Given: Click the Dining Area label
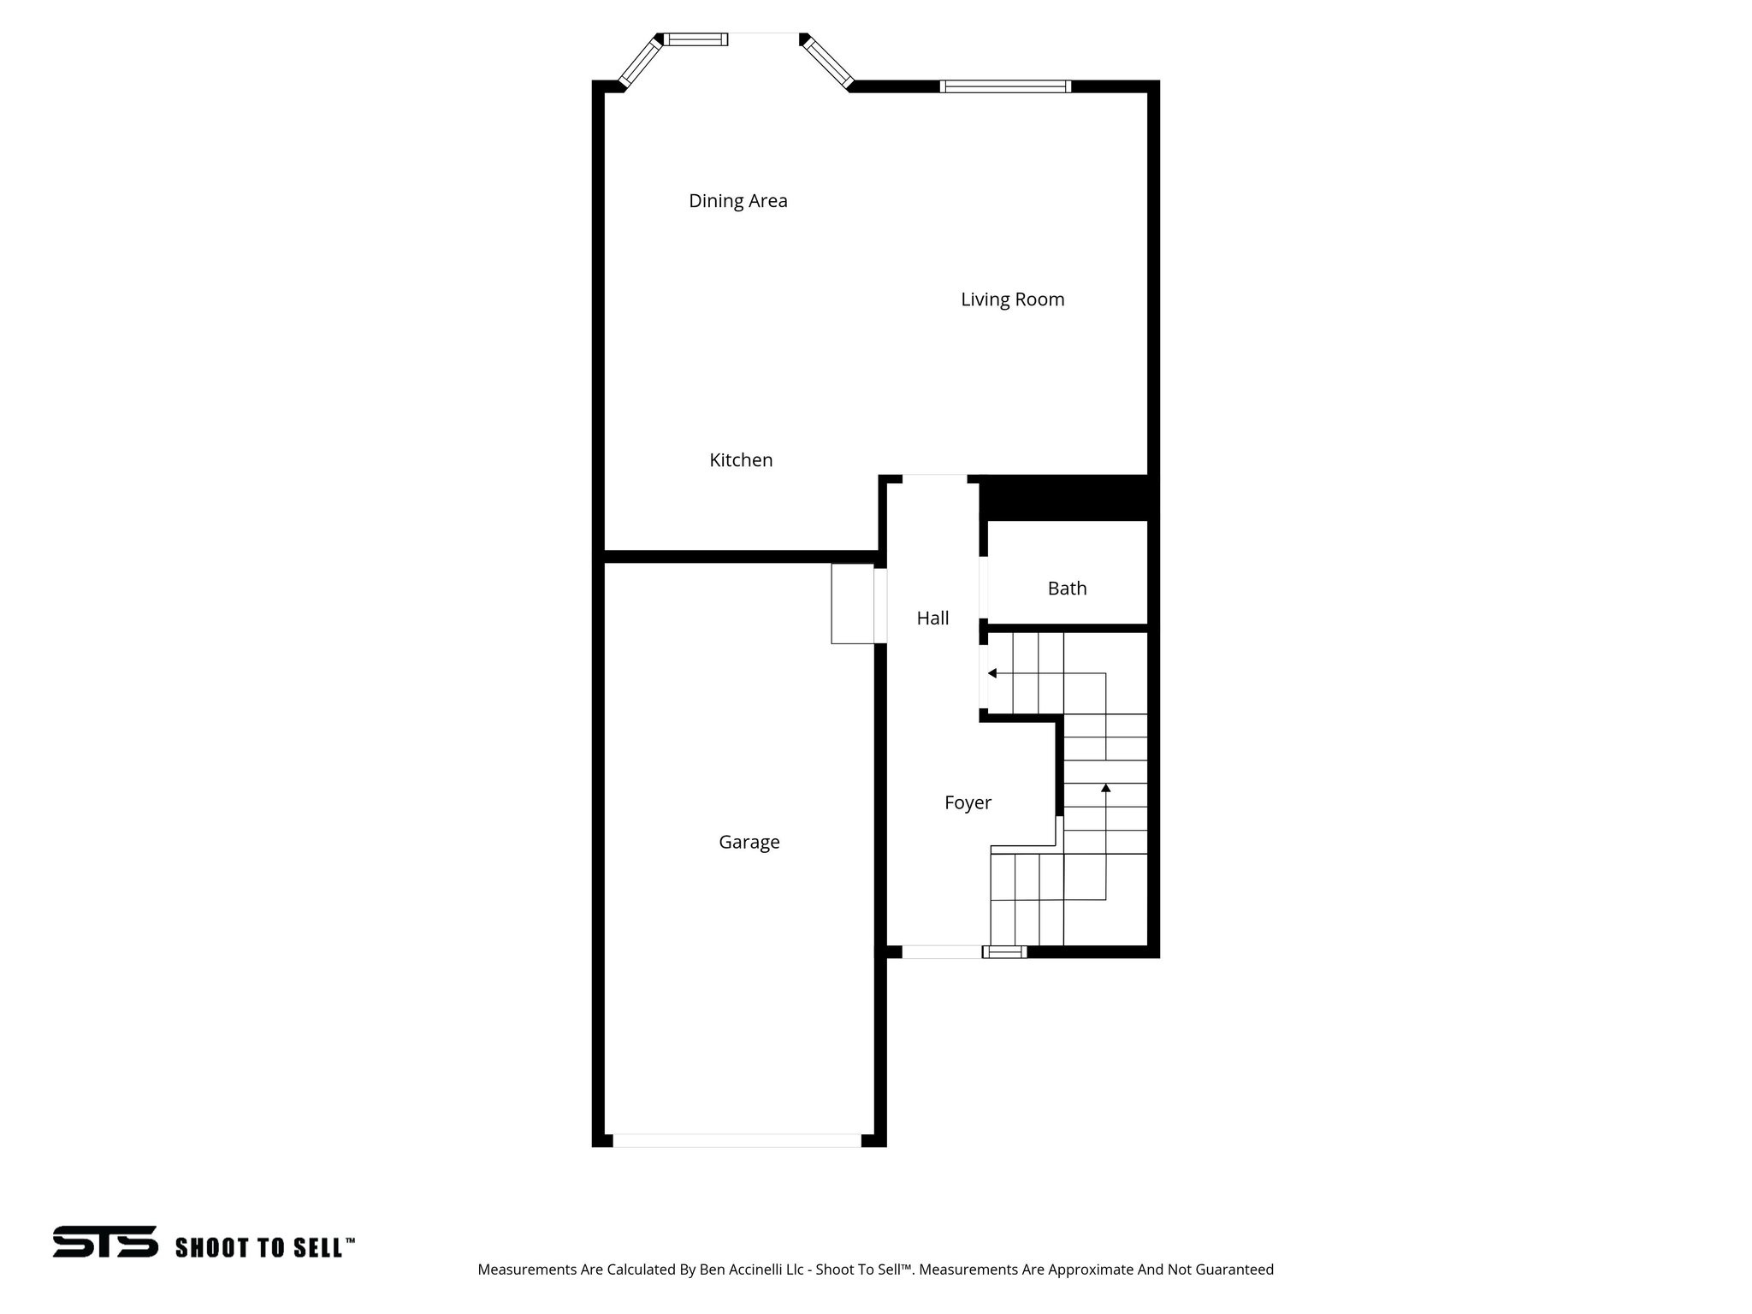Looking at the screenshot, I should click(737, 201).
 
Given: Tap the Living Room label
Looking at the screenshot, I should click(1012, 299).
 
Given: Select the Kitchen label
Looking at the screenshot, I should click(741, 460).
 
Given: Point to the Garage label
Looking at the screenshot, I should click(749, 843).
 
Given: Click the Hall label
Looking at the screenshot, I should click(932, 619).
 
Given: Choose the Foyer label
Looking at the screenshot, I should click(968, 802).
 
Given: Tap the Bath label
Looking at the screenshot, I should click(1067, 589).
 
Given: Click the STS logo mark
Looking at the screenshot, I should click(105, 1241).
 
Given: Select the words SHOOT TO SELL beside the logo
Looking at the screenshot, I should click(264, 1248).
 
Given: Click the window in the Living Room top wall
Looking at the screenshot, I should click(1005, 86).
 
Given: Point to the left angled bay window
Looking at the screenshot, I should click(640, 62).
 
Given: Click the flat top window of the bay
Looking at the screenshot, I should click(696, 39).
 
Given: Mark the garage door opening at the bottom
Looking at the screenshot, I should click(737, 1140).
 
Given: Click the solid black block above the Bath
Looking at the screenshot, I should click(1067, 497).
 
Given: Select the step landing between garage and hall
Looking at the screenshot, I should click(853, 603).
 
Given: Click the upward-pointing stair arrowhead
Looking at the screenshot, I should click(1105, 787).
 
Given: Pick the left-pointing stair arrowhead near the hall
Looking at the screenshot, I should click(992, 673).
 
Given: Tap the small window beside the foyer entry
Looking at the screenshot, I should click(1004, 951).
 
